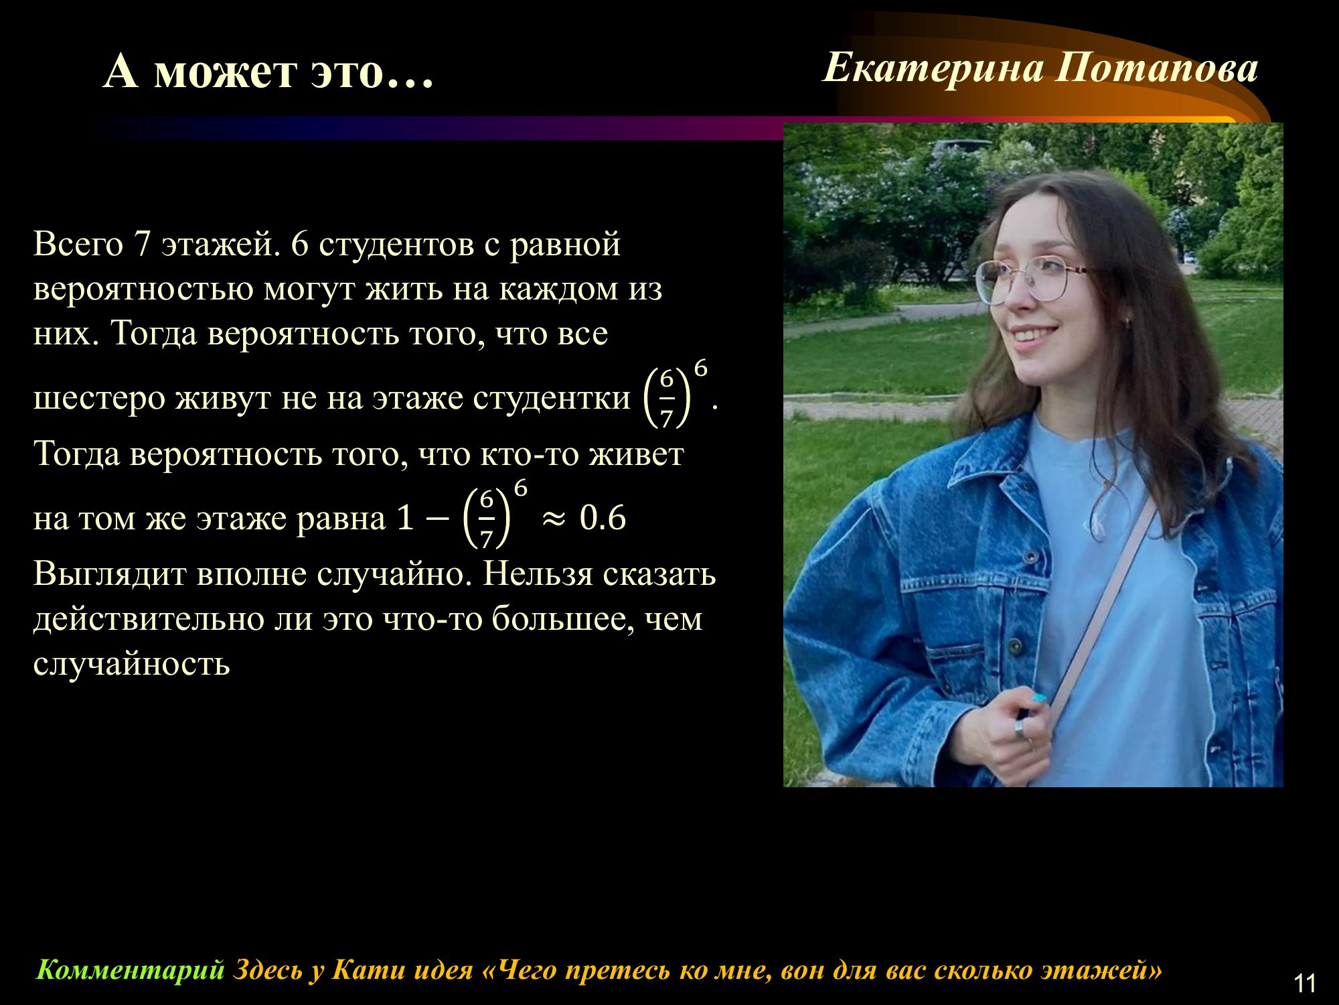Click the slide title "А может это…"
(269, 71)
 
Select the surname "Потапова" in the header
(1157, 69)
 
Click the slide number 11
(1305, 983)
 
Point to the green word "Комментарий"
(130, 969)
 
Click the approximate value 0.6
(603, 518)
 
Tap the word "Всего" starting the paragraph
(78, 244)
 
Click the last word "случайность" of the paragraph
(131, 664)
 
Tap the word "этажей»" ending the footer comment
(1103, 969)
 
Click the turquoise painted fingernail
(1039, 699)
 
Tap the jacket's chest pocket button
(1016, 647)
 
